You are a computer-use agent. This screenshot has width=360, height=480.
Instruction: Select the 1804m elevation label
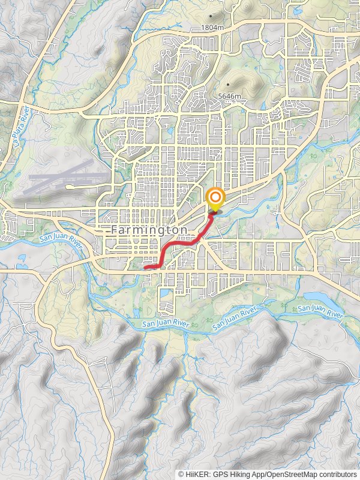[212, 28]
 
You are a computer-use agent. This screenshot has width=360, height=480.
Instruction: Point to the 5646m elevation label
[230, 96]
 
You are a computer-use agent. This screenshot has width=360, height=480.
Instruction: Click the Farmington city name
[149, 230]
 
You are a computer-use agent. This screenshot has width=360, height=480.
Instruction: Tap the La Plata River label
[20, 130]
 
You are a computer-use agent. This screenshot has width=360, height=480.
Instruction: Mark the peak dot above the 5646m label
[229, 85]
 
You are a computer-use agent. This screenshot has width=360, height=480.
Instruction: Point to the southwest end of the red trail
[146, 267]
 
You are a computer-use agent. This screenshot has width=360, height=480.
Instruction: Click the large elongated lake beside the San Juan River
[322, 298]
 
